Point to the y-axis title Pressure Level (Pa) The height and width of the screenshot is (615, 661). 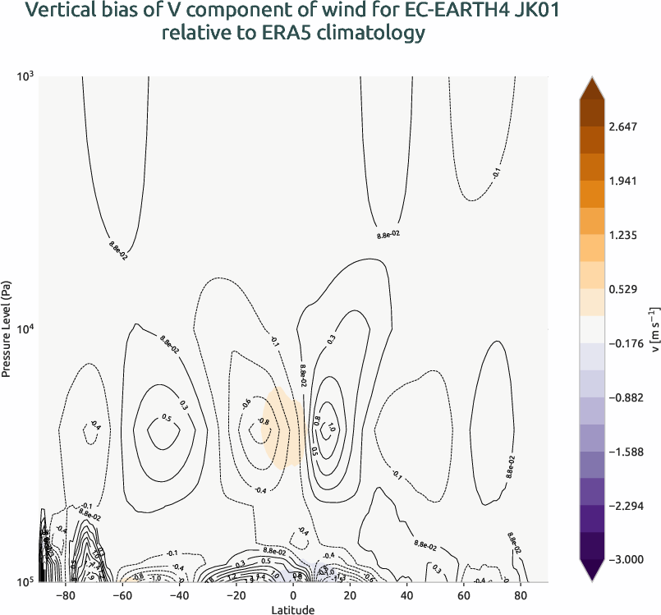(x=7, y=328)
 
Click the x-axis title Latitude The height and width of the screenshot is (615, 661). (x=293, y=609)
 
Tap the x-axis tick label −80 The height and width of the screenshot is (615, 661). (x=67, y=594)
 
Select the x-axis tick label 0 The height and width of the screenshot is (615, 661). (x=293, y=594)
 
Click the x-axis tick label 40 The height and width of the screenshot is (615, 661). (x=406, y=594)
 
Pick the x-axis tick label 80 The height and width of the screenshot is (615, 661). (x=520, y=594)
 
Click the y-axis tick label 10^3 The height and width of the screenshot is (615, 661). (x=25, y=76)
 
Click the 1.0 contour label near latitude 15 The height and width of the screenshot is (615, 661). (x=332, y=427)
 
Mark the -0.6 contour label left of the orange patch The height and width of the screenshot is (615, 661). (x=246, y=402)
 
